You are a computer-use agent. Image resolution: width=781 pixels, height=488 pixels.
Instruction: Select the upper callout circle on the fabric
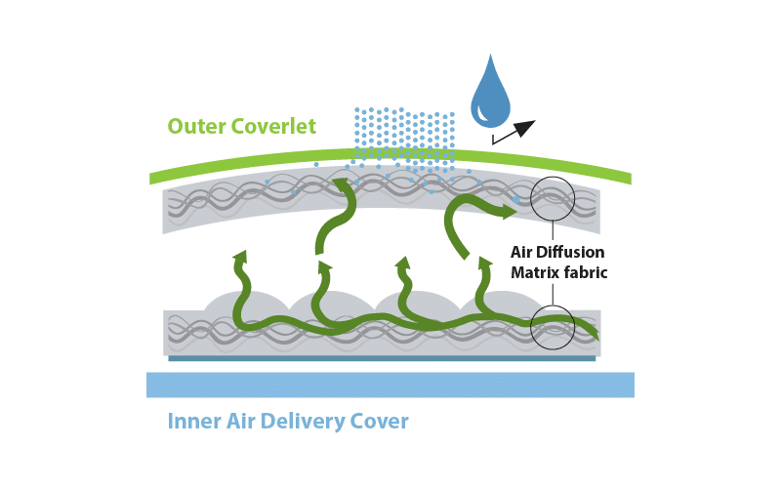click(553, 201)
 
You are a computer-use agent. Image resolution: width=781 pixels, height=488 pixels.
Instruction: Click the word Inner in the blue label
click(193, 422)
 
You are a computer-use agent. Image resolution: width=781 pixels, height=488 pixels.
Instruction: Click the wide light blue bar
click(390, 385)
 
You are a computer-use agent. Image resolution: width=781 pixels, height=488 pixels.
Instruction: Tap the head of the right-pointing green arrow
click(512, 208)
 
